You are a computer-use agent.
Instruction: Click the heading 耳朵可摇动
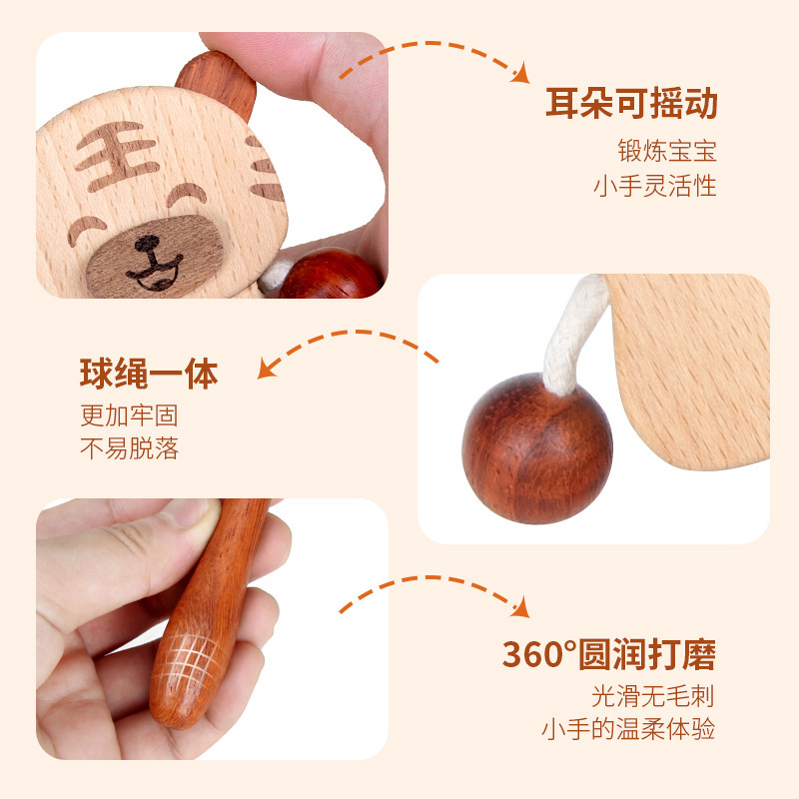[631, 104]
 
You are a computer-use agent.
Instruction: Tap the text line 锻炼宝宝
[666, 152]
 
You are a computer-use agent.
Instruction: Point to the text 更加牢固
[129, 414]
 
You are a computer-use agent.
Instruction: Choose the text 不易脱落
[129, 448]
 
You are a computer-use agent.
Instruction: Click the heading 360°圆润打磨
[608, 655]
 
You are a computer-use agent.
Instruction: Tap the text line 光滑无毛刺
[653, 696]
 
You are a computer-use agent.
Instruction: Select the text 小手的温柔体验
[628, 729]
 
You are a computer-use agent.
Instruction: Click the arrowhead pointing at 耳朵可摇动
[520, 74]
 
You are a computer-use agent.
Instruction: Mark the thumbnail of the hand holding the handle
[185, 513]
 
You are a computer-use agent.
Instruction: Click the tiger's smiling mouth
[155, 273]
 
